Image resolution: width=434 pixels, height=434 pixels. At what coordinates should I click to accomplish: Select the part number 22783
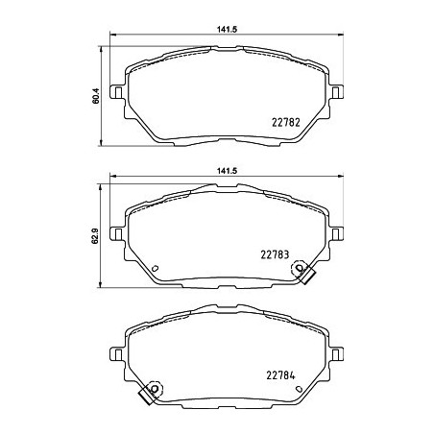(x=277, y=254)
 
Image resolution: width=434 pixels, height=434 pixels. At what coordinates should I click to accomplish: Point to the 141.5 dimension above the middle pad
(x=227, y=170)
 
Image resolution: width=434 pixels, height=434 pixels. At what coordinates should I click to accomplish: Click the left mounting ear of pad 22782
(x=116, y=92)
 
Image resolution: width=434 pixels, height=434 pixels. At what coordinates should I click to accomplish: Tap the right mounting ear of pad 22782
(x=338, y=92)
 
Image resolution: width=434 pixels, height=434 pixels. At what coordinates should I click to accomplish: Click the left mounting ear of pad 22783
(x=116, y=231)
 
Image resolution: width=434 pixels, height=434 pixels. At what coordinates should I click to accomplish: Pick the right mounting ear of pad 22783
(x=338, y=231)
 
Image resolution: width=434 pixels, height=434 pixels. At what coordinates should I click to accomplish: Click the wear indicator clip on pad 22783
(x=307, y=273)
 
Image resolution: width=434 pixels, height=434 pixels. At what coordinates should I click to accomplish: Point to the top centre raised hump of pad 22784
(x=227, y=310)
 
